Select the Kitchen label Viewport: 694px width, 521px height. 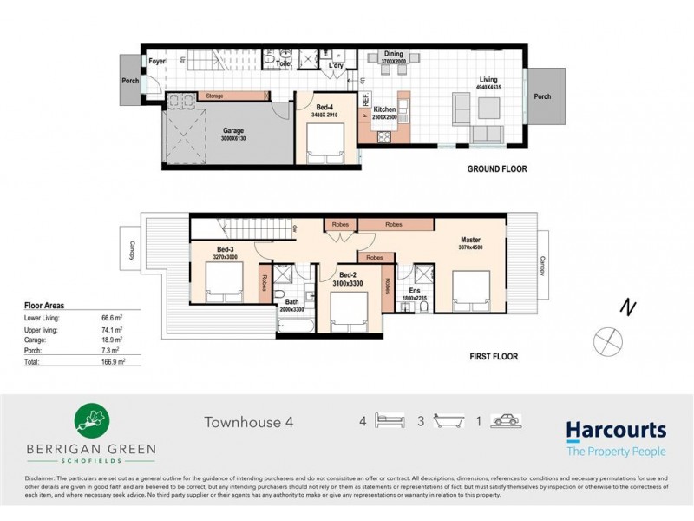pyautogui.click(x=384, y=109)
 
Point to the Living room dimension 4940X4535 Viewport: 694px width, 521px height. pyautogui.click(x=488, y=88)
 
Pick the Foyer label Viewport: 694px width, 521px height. pyautogui.click(x=157, y=61)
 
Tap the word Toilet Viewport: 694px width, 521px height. pyautogui.click(x=283, y=64)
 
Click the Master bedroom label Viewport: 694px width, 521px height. pyautogui.click(x=471, y=240)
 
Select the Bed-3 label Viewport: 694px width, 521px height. pyautogui.click(x=226, y=249)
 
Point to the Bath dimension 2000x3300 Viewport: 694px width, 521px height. pyautogui.click(x=291, y=309)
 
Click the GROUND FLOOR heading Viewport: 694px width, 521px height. pyautogui.click(x=497, y=169)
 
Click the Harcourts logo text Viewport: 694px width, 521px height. pyautogui.click(x=616, y=430)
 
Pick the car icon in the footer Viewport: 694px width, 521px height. pyautogui.click(x=504, y=421)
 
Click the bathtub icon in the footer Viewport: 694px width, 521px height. pyautogui.click(x=448, y=421)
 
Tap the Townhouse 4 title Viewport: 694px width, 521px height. pyautogui.click(x=249, y=422)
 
